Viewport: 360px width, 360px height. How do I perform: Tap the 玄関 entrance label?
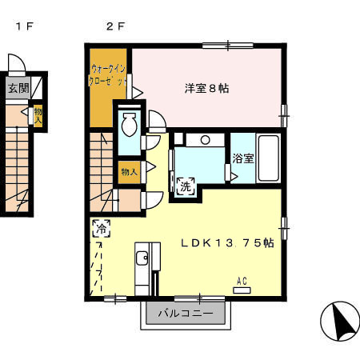[x=18, y=89]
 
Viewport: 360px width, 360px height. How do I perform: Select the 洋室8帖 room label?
[x=207, y=89]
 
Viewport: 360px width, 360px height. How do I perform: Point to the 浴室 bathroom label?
[x=243, y=158]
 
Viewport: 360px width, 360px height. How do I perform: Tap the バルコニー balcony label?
[x=186, y=314]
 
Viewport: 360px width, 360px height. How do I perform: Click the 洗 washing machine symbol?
[x=185, y=186]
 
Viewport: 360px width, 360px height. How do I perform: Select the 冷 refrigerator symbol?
[x=102, y=229]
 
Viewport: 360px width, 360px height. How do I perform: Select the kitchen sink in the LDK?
[x=142, y=258]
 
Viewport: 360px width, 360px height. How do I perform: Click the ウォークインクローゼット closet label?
[x=110, y=76]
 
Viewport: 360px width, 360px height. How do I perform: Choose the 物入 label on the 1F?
[x=38, y=116]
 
